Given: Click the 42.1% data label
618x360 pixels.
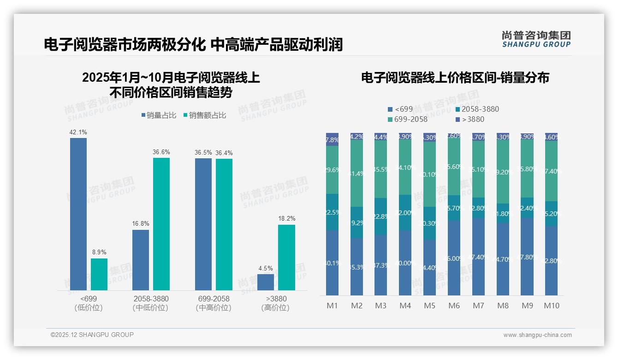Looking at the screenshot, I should pyautogui.click(x=78, y=132).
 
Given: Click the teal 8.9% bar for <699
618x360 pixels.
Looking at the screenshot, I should pyautogui.click(x=99, y=274).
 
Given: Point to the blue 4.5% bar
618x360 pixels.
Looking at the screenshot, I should pyautogui.click(x=266, y=282).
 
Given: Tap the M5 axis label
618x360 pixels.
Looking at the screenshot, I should pyautogui.click(x=429, y=306).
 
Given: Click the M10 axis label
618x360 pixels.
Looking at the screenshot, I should pyautogui.click(x=551, y=306).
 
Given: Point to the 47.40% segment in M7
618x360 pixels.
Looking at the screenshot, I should pyautogui.click(x=478, y=257).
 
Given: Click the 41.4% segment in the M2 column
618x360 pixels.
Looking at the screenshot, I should pyautogui.click(x=357, y=174).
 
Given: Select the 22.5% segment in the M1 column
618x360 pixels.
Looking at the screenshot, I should pyautogui.click(x=332, y=212).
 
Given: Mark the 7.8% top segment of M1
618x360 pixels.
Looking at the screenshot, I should pyautogui.click(x=332, y=139).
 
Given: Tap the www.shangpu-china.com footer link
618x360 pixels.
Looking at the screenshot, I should pyautogui.click(x=537, y=335).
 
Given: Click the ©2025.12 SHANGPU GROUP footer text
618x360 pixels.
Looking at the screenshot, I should pyautogui.click(x=92, y=335).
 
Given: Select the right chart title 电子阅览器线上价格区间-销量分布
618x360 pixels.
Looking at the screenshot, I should pyautogui.click(x=455, y=78).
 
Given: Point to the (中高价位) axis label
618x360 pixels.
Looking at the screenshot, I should pyautogui.click(x=213, y=308).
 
